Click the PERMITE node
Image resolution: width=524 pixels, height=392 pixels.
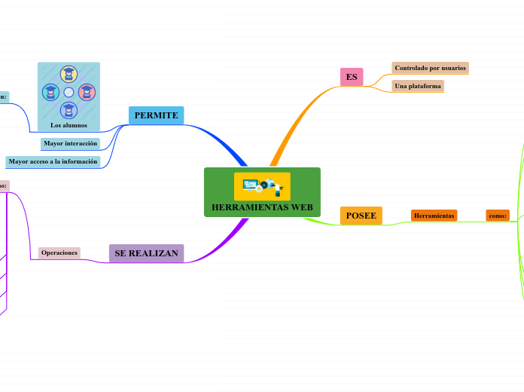(157, 115)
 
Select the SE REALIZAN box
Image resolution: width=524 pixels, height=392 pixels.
(146, 253)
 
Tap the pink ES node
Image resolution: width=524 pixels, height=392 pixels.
(352, 77)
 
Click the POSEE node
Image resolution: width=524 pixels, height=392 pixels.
(361, 216)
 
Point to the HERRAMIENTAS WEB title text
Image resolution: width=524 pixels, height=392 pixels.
(262, 207)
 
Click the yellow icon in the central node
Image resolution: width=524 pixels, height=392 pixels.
(262, 186)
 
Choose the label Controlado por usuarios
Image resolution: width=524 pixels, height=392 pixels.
(430, 68)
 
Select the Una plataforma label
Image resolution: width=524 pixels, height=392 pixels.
(418, 86)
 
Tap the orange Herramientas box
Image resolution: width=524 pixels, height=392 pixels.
(434, 216)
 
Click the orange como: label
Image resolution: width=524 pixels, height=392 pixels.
(498, 216)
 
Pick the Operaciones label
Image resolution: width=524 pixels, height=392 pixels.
(59, 253)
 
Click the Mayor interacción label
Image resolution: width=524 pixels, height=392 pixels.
(71, 143)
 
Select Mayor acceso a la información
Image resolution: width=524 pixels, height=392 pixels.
(53, 161)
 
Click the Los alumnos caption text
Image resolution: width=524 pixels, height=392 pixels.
(69, 125)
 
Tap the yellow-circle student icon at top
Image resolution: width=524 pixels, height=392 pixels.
(69, 74)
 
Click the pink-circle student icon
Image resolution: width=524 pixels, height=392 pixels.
(87, 92)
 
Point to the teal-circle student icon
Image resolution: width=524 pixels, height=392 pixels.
(50, 92)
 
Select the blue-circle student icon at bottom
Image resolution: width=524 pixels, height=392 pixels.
(69, 111)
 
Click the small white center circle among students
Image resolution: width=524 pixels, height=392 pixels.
(69, 92)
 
